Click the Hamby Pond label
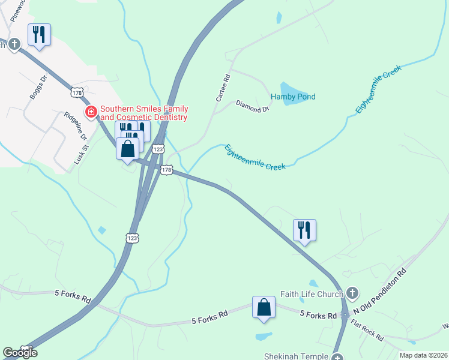[x=293, y=97]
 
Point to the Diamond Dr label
[x=252, y=106]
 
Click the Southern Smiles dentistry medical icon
[x=91, y=112]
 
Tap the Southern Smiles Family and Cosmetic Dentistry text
[x=144, y=113]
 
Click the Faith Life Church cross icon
[x=352, y=293]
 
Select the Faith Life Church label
[x=312, y=294]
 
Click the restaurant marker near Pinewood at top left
[x=39, y=35]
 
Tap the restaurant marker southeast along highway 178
[x=304, y=230]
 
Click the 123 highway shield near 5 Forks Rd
[x=133, y=238]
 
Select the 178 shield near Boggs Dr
[x=76, y=92]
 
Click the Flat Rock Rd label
[x=367, y=331]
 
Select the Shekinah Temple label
[x=297, y=356]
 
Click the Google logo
[x=20, y=353]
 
